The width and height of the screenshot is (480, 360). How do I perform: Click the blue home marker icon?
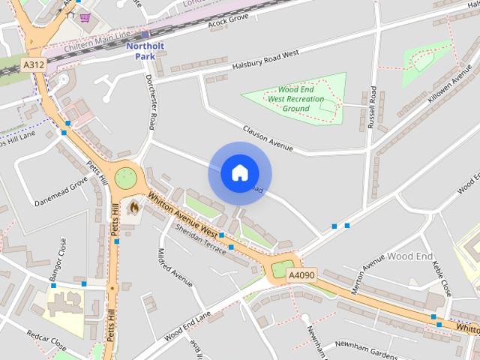coord(239,173)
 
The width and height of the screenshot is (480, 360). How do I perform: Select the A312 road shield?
coord(34,65)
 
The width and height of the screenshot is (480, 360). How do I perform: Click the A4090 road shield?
coord(301,277)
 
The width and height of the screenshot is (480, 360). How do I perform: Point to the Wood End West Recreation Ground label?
coord(296,99)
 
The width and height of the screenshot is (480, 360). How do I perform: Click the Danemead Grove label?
coord(61,191)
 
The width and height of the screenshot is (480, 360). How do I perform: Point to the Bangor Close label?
coord(58,259)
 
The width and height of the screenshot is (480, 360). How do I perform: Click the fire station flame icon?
coord(134,206)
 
